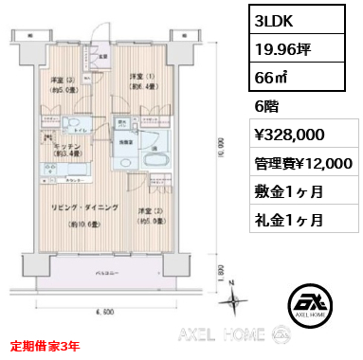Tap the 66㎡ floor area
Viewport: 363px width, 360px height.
tap(273, 79)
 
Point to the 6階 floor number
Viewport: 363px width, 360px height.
tap(268, 108)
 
